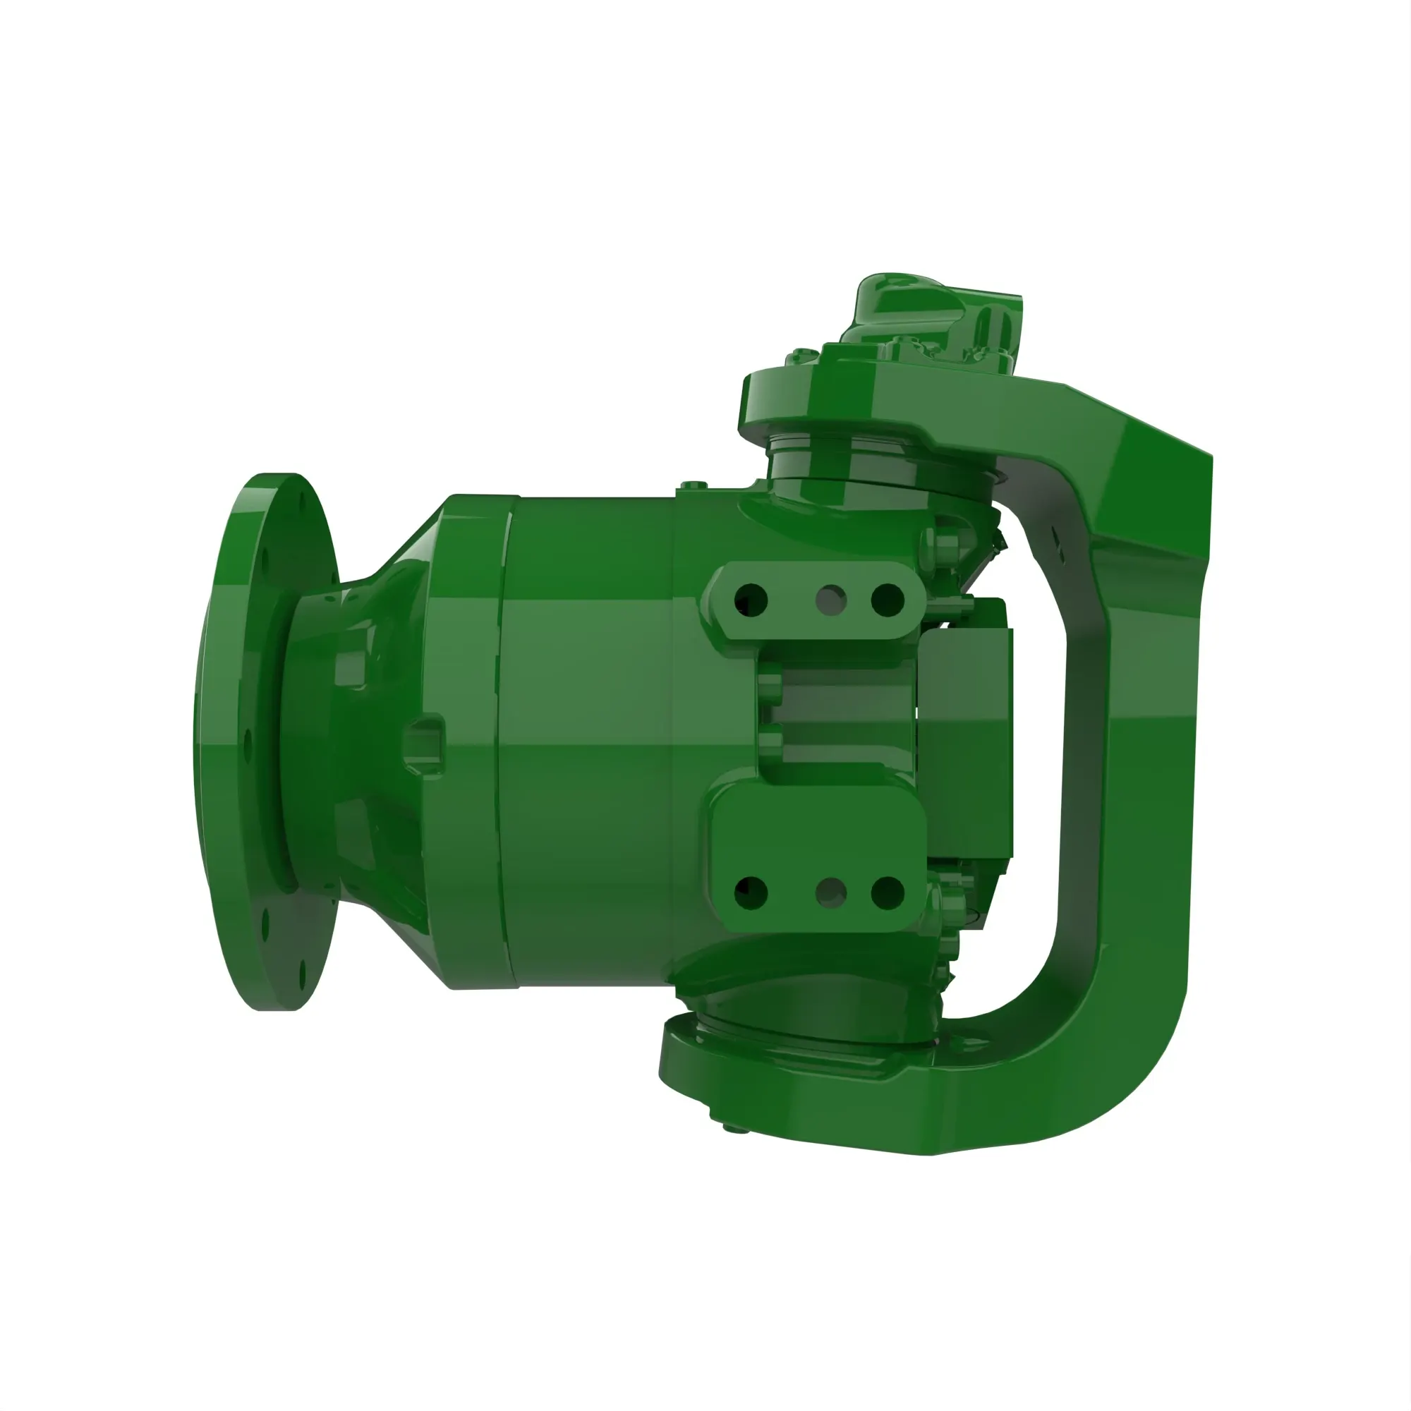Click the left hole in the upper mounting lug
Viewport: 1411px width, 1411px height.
[x=752, y=600]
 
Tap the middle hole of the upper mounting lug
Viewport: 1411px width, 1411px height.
[x=831, y=600]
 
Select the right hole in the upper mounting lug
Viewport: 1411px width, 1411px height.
[x=888, y=600]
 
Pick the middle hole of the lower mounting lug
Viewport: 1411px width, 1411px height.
[x=831, y=892]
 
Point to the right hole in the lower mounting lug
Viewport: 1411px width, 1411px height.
[x=888, y=892]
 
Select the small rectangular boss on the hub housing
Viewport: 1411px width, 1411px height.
[x=425, y=738]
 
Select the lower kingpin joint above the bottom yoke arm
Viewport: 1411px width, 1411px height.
[x=811, y=1022]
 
